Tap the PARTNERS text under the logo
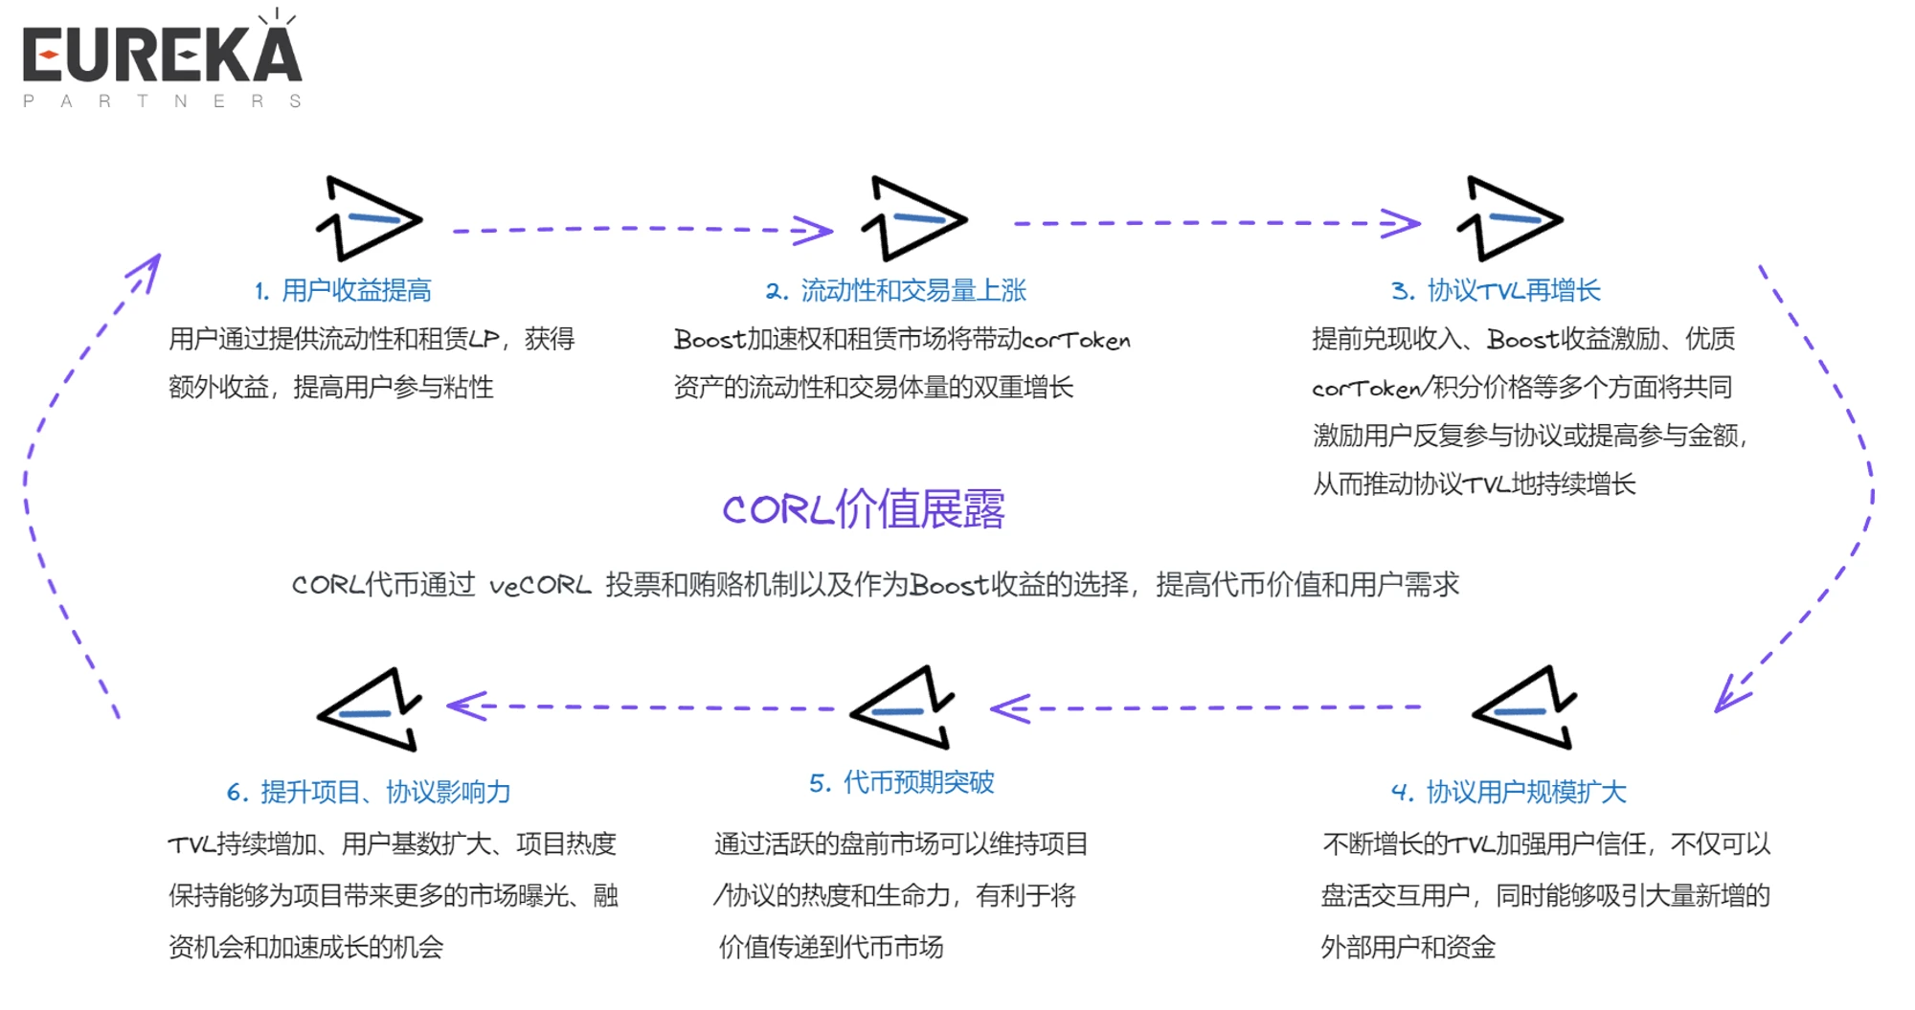(162, 101)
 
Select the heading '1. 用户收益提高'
(343, 290)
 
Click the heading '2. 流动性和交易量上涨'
(895, 290)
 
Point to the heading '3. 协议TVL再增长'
(1495, 290)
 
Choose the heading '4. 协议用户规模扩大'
(1508, 792)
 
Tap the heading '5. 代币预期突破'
(901, 782)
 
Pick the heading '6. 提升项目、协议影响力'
(368, 792)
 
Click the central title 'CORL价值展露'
(863, 508)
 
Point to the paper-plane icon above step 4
(1525, 708)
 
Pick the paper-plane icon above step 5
(903, 708)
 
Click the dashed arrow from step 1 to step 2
(642, 230)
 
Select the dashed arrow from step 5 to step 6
(642, 707)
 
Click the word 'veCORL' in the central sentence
(540, 585)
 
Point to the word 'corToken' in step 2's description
(1075, 340)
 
